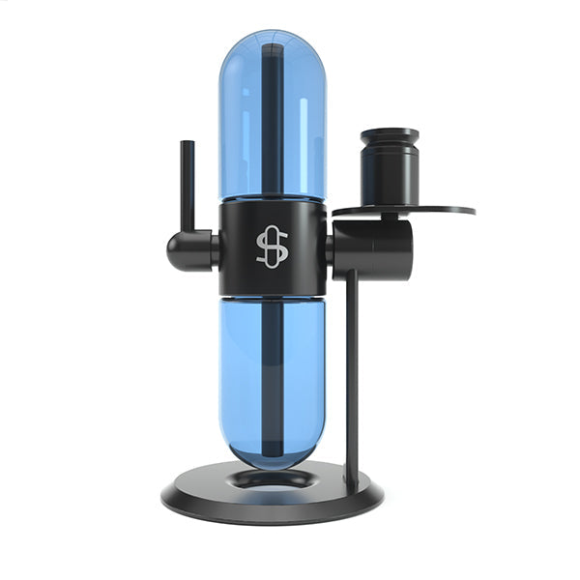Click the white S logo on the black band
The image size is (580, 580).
coord(272,248)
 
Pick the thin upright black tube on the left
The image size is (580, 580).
coord(187,188)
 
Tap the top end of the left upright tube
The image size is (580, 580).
coord(187,144)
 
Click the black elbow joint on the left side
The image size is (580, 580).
coord(188,249)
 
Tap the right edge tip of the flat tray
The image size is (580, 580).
coord(473,209)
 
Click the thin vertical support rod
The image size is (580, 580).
coord(351,377)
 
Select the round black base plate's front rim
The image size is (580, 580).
coord(271,512)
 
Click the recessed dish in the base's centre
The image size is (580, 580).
coord(273,479)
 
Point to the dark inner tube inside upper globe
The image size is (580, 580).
coord(272,126)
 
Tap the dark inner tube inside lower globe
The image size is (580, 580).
coord(272,377)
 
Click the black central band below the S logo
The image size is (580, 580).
coord(272,282)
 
